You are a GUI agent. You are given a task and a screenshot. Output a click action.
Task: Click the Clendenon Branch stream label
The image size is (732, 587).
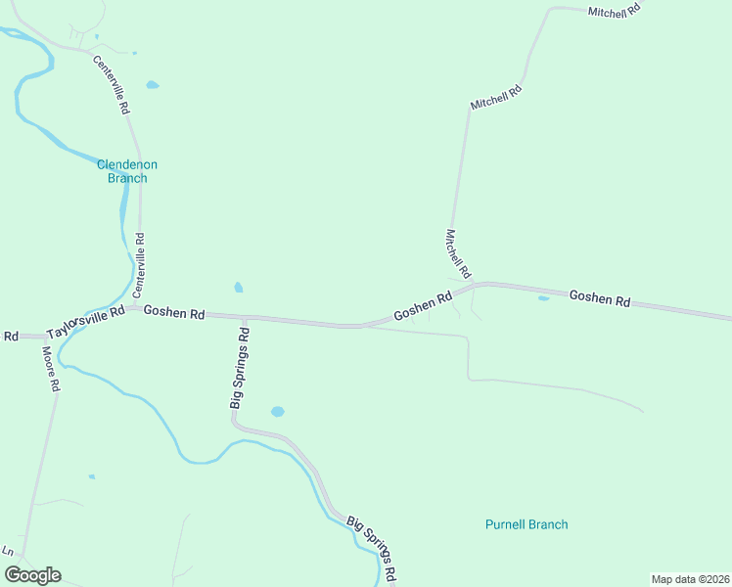point(126,171)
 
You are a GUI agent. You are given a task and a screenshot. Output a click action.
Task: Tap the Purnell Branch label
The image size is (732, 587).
point(526,524)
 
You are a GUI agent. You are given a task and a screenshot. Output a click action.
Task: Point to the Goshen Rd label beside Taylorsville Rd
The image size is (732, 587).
point(173,313)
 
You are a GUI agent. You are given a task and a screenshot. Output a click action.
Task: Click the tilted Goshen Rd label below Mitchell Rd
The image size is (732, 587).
point(423,306)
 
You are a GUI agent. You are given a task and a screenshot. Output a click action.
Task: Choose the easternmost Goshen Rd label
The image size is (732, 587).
point(599,298)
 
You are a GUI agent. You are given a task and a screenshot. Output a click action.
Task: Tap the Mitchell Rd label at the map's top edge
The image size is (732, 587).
point(614,10)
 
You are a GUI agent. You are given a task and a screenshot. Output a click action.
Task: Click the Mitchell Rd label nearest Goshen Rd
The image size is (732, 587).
point(458,253)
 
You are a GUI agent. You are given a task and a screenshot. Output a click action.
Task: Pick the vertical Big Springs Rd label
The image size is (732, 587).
point(240,368)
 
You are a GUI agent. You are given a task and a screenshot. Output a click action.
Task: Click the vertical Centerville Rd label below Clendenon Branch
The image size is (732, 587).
point(139,265)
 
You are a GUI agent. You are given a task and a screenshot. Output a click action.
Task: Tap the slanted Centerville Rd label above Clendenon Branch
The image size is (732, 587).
point(112,85)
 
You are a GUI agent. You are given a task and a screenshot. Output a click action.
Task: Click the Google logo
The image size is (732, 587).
point(32,575)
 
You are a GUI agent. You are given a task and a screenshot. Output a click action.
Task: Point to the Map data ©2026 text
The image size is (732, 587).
point(690,579)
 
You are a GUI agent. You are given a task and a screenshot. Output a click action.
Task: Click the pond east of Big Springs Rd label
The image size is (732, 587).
point(277,412)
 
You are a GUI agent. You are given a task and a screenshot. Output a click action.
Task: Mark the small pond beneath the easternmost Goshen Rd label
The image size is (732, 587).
point(543,298)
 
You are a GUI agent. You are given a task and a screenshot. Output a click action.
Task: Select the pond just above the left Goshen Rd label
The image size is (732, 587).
point(238,288)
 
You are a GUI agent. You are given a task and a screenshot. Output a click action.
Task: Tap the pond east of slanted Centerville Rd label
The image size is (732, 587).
point(153,85)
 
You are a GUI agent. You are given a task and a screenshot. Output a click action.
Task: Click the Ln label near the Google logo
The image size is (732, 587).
point(8,552)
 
